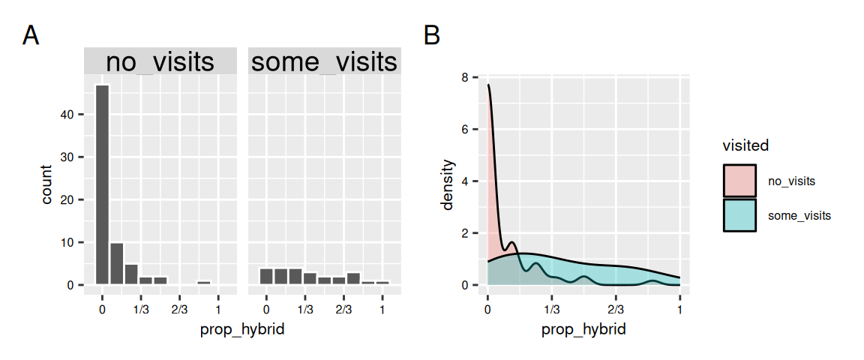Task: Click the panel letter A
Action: click(31, 35)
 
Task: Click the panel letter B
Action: click(432, 35)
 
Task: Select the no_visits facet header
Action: click(160, 61)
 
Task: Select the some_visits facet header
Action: click(324, 61)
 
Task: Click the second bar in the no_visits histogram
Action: click(117, 263)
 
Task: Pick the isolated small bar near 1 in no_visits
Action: click(204, 283)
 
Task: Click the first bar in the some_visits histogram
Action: click(265, 276)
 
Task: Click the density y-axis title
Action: click(448, 184)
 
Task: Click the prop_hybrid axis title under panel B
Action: click(583, 329)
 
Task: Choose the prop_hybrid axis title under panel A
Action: click(242, 329)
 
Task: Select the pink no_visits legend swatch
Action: click(739, 181)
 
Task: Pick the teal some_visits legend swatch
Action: click(739, 215)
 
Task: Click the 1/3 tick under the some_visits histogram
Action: click(304, 307)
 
